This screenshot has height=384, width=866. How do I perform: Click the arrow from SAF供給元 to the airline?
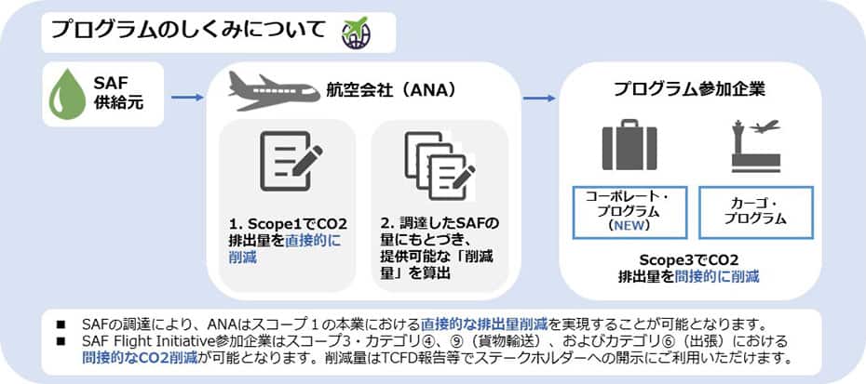click(x=187, y=97)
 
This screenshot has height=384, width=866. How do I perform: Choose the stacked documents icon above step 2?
click(x=438, y=166)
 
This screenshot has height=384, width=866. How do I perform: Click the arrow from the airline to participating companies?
click(x=539, y=97)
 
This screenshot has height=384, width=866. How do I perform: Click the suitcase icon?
click(x=629, y=146)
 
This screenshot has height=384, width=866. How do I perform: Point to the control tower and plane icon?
click(x=756, y=146)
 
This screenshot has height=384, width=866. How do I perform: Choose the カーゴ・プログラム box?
click(x=755, y=211)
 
